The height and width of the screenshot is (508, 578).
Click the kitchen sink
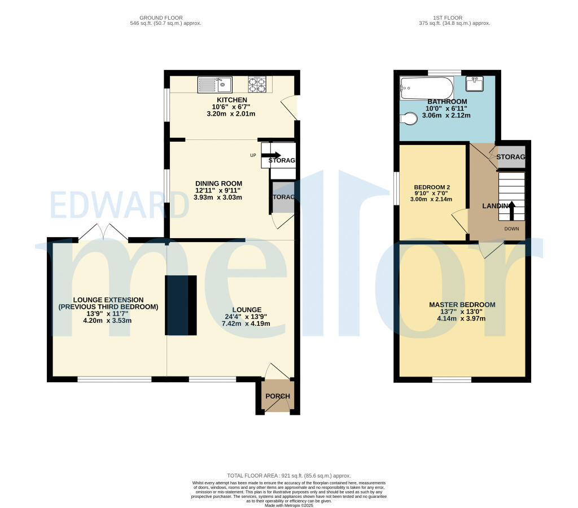214,85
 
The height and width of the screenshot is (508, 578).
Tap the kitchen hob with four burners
257,85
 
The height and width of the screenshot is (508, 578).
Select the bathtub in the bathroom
426,87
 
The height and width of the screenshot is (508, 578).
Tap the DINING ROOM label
218,183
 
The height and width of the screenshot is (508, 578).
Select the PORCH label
277,396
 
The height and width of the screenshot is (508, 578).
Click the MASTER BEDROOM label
462,305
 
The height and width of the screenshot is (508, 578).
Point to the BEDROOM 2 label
431,187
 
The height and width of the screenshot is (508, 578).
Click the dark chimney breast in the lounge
181,305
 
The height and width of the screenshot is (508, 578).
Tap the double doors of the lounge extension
103,233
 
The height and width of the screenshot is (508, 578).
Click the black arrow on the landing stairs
512,210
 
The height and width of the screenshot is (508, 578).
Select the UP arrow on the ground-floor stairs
272,155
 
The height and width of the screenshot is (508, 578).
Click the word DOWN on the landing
512,229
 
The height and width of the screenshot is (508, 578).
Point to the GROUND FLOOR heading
165,17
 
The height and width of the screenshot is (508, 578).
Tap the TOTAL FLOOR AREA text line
292,476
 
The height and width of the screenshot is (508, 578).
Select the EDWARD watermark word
120,205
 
